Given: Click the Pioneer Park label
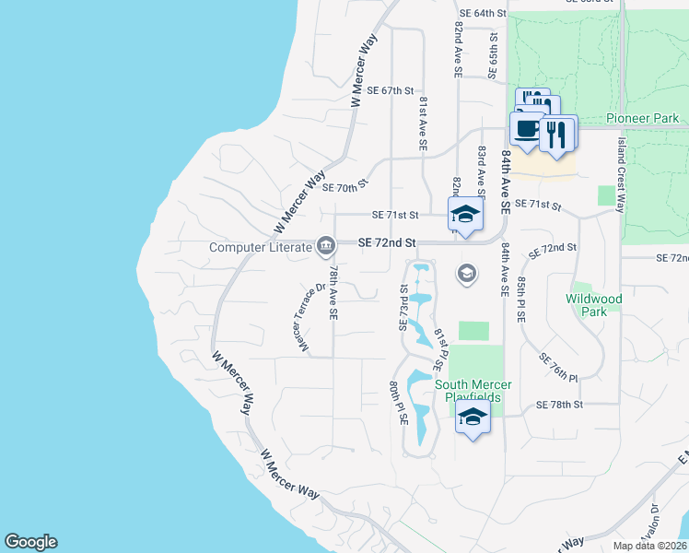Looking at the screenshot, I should coord(643,118).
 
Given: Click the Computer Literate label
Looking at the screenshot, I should coord(261,247).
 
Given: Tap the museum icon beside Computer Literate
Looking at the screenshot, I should coord(326,246).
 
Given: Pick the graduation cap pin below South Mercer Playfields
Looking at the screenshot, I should coord(473,418).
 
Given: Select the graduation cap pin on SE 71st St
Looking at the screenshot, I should coord(465,216).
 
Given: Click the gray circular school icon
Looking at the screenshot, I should coord(467,273).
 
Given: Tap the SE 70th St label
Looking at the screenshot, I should coord(345,187).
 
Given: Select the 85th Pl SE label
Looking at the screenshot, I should coord(521,297).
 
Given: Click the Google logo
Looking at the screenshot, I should coord(30,542).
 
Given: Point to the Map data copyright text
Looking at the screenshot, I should coord(648,546).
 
